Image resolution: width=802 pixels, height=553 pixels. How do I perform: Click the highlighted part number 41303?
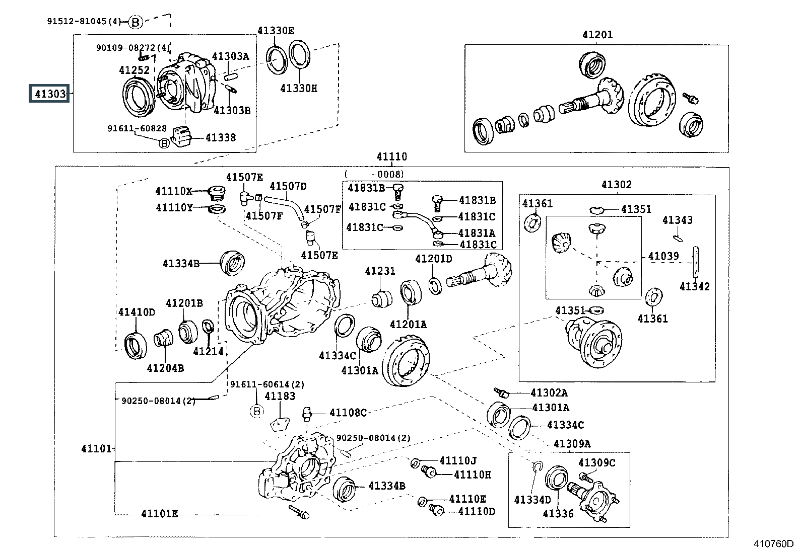pos(49,94)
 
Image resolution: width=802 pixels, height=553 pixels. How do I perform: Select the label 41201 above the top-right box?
pos(597,35)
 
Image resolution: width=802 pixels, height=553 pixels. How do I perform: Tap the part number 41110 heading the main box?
pos(391,156)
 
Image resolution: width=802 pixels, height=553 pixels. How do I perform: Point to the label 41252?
pos(134,69)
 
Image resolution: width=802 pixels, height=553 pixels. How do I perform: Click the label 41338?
pos(220,137)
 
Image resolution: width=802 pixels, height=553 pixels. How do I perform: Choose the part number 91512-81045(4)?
pos(84,21)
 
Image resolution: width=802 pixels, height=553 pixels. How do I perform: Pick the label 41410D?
pos(137,312)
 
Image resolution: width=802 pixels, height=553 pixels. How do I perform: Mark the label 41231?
pos(380,271)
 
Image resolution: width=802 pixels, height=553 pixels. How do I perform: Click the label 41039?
pos(663,256)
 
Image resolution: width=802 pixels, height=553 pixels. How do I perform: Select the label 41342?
pos(694,286)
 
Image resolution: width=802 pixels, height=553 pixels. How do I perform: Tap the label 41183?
pos(280,396)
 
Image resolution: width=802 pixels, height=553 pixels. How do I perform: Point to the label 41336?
pos(558,513)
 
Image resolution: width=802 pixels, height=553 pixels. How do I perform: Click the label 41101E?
pos(159,514)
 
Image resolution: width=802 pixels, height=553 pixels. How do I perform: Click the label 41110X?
pos(174,191)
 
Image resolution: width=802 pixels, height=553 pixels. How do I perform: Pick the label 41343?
pos(677,220)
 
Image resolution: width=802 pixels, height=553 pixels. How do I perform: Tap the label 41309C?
pos(596,462)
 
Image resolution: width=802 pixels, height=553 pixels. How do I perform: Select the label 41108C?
pos(348,413)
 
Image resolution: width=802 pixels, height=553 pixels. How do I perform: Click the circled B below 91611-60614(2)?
pos(256,411)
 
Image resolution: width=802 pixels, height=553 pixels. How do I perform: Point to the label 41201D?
pos(433,259)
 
